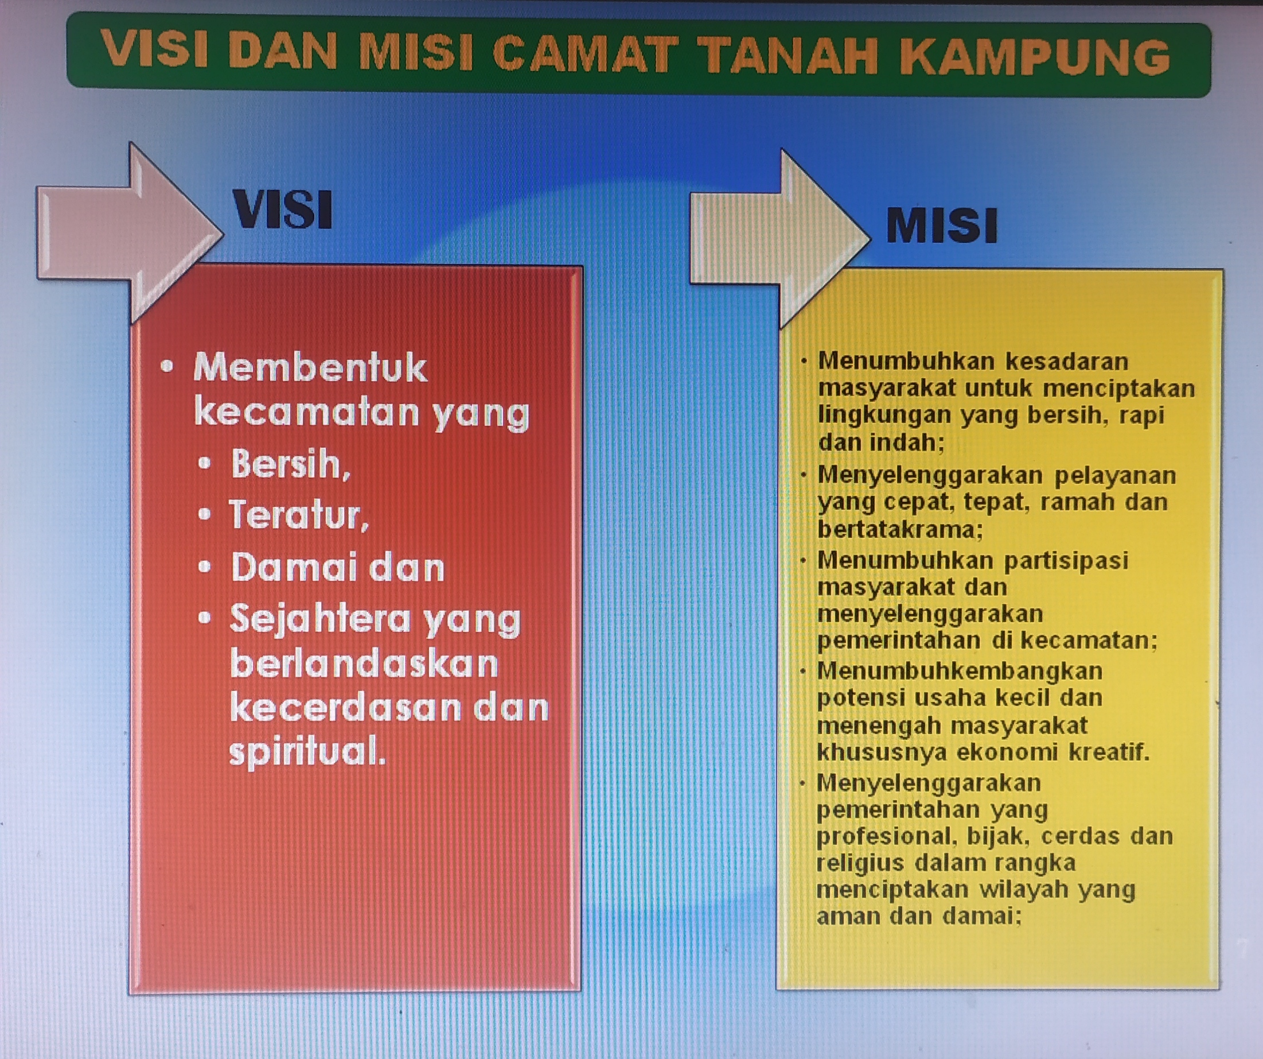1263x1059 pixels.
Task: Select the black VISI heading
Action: (282, 209)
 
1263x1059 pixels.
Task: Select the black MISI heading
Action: (941, 225)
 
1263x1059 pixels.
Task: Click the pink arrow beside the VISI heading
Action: (129, 234)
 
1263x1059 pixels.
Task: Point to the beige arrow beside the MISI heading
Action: (780, 239)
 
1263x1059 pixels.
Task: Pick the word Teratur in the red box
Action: (298, 515)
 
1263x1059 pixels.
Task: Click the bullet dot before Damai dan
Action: (205, 567)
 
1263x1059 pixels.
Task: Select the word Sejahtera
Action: (322, 619)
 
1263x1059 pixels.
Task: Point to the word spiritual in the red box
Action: (307, 752)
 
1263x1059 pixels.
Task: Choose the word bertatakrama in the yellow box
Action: (900, 529)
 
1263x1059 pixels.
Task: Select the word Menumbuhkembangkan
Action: (959, 672)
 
